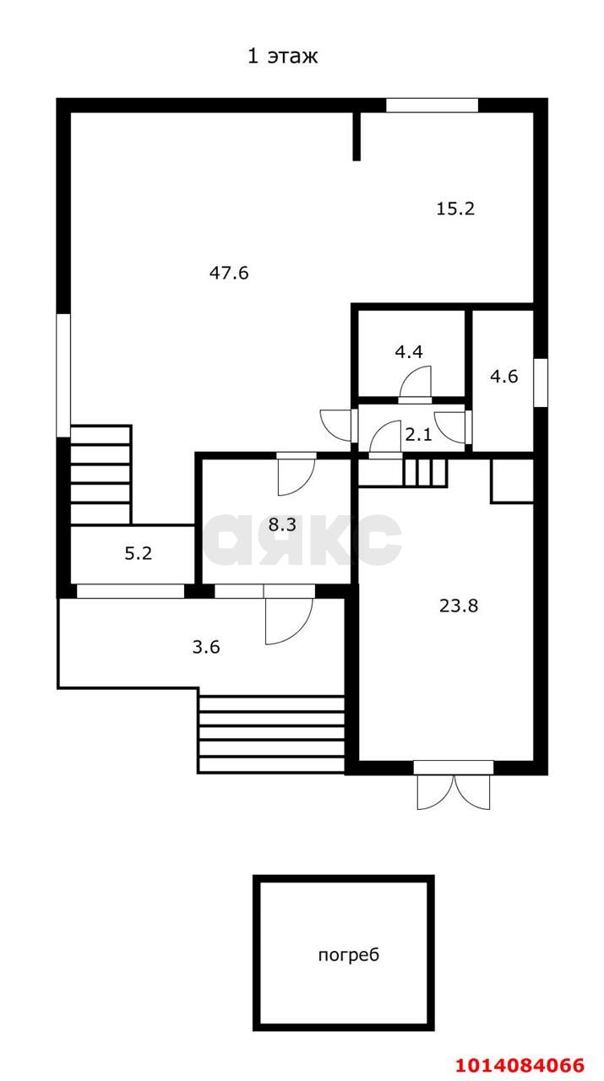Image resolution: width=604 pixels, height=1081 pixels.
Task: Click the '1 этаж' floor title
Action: point(283,57)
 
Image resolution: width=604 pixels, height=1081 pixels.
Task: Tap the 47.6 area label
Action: point(229,273)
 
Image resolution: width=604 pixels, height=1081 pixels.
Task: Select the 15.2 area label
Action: point(455,209)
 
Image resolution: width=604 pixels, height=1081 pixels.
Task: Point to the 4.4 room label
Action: point(409,352)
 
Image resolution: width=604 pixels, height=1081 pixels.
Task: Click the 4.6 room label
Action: point(504,377)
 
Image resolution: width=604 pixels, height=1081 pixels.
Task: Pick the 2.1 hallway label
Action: point(418,435)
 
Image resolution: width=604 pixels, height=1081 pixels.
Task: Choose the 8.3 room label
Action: point(282,524)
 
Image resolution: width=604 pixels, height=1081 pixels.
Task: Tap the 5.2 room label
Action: point(139,553)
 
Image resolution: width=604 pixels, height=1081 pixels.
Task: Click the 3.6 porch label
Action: point(206,647)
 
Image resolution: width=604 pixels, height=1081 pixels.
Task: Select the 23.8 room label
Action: point(459,606)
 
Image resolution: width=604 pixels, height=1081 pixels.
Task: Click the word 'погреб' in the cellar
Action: point(349,955)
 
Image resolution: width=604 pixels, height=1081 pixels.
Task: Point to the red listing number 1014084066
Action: point(520,1065)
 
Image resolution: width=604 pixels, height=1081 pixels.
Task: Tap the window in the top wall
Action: point(433,106)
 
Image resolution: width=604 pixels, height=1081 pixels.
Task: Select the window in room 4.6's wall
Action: point(541,383)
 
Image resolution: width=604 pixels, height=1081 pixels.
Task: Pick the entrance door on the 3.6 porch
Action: point(289,621)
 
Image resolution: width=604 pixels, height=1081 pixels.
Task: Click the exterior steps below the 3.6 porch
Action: point(271,734)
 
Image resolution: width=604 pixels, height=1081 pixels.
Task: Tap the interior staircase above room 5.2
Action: point(101,475)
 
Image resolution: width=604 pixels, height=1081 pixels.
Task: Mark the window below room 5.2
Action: point(131,591)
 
